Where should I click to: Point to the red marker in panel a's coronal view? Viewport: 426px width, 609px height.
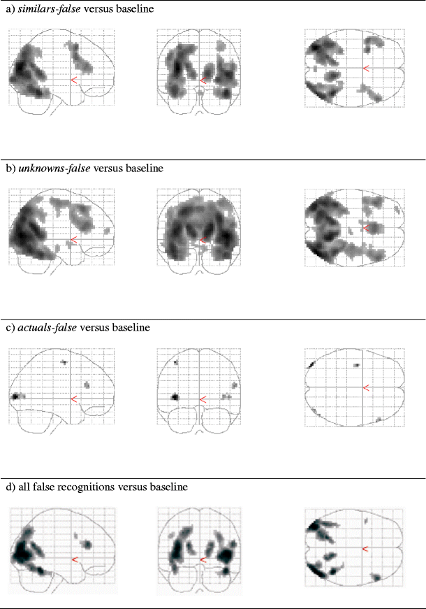[x=203, y=80]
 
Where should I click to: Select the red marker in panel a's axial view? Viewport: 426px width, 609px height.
[x=364, y=68]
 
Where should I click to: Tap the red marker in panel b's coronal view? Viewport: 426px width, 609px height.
[x=203, y=240]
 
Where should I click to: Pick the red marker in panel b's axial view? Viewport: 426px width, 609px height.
[x=364, y=227]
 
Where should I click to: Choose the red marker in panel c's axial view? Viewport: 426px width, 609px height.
[x=364, y=387]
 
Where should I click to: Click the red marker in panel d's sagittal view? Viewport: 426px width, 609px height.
[x=75, y=559]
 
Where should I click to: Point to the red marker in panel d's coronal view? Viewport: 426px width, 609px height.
[x=204, y=559]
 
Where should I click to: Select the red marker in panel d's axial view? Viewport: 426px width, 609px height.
[x=364, y=550]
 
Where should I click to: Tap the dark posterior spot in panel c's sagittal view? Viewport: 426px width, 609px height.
[x=14, y=396]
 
